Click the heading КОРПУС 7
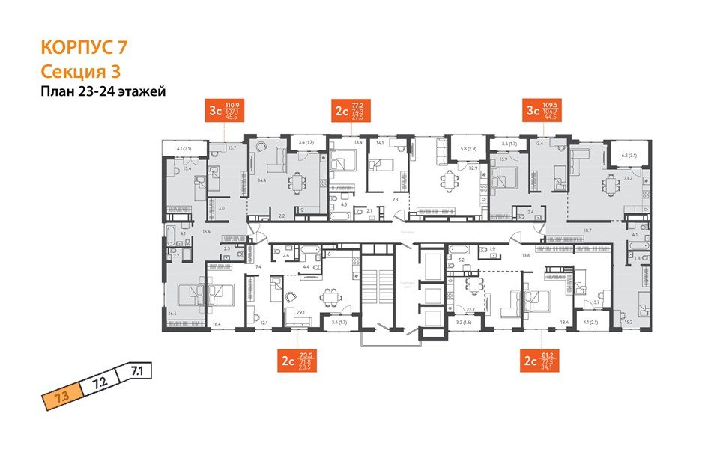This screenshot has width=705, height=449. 84,46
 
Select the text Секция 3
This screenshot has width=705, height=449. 79,71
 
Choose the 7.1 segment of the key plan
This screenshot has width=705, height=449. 136,369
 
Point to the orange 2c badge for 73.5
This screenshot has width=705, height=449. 287,361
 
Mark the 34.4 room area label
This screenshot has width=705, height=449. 262,181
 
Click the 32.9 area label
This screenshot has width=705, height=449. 473,169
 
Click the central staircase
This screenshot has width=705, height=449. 376,288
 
